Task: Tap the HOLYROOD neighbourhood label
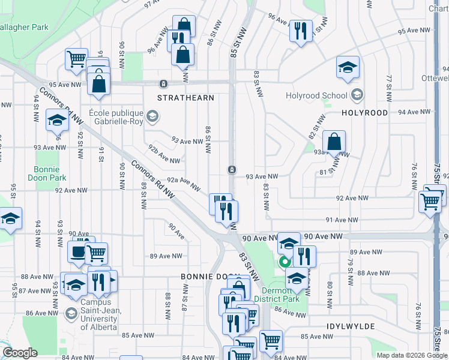click(x=365, y=113)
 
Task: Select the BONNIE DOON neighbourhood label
click(x=206, y=277)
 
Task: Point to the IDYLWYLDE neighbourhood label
click(x=351, y=326)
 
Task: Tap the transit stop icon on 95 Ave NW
click(x=163, y=83)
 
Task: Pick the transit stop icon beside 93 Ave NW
click(x=231, y=170)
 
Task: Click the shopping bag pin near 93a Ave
click(x=334, y=142)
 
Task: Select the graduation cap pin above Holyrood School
click(x=348, y=68)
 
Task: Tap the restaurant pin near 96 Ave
click(x=300, y=30)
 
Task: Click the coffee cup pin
click(x=77, y=252)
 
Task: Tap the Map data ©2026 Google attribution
click(x=411, y=355)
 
